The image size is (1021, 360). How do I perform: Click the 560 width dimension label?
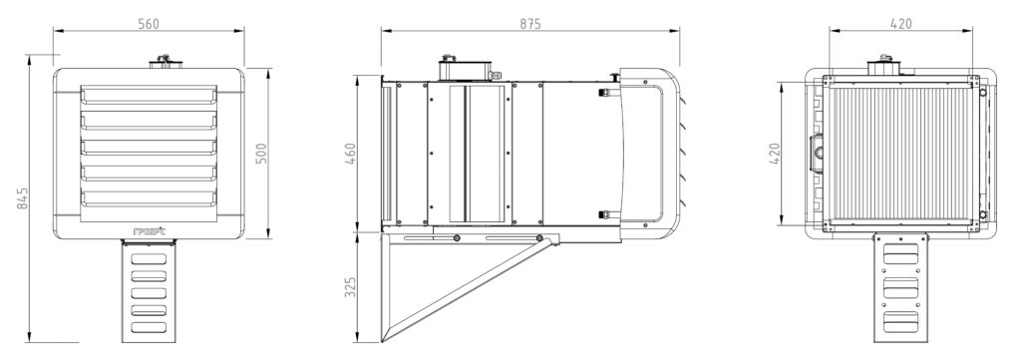pyautogui.click(x=149, y=24)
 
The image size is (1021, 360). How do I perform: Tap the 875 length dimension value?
pyautogui.click(x=530, y=24)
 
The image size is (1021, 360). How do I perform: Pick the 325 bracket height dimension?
pyautogui.click(x=350, y=287)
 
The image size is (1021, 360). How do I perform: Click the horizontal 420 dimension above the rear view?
pyautogui.click(x=900, y=24)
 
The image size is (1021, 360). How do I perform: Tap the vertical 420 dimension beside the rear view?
pyautogui.click(x=775, y=154)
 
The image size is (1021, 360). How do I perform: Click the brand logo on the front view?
pyautogui.click(x=149, y=230)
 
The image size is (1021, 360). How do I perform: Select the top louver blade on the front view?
pyautogui.click(x=149, y=97)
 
